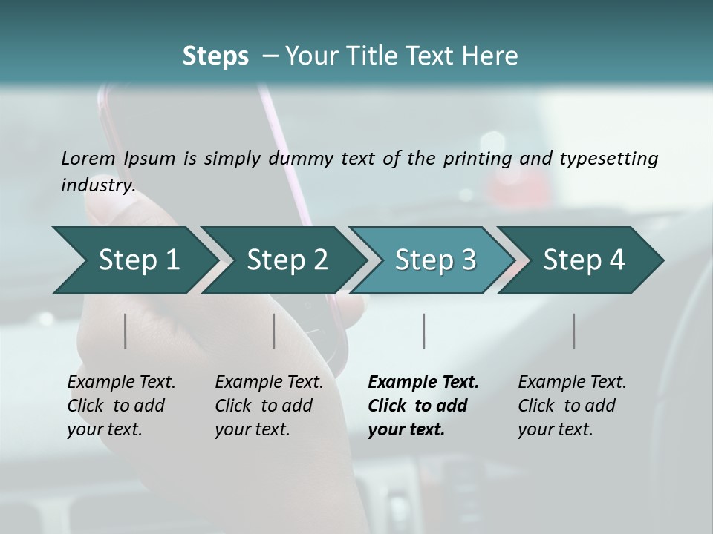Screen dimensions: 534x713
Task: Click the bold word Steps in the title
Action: (215, 56)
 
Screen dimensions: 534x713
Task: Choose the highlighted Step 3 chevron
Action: (435, 260)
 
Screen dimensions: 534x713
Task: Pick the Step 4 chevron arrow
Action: (584, 260)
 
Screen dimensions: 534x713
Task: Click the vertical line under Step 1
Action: (126, 331)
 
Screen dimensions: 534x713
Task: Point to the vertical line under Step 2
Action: (274, 331)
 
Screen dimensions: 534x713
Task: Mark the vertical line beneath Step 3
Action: (424, 331)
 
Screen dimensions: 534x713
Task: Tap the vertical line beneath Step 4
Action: (573, 331)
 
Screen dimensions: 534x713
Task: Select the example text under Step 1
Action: (121, 406)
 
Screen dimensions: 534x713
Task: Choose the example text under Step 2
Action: (269, 406)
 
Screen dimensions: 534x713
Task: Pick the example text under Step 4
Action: (572, 406)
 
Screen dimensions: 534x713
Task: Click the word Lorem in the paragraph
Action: (88, 159)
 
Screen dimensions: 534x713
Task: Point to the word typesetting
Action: (609, 159)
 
